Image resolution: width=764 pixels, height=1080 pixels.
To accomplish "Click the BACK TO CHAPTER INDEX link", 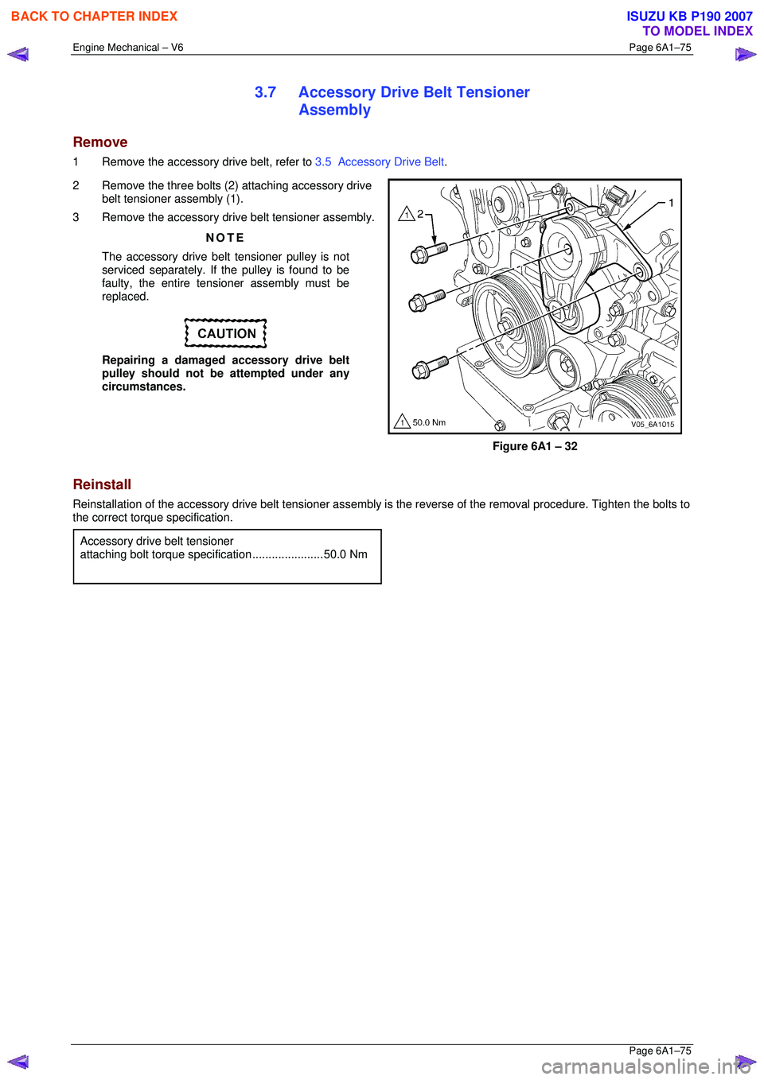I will click(x=94, y=16).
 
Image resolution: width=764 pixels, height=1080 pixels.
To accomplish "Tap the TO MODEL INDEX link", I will click(x=697, y=31).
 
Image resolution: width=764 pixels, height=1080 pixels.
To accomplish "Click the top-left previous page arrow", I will click(x=18, y=55).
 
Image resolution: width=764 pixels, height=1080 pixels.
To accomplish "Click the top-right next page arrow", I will click(x=745, y=55).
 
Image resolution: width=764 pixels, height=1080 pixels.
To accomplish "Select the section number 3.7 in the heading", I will click(x=265, y=92).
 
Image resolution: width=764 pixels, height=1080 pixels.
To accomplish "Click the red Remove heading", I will click(x=100, y=142).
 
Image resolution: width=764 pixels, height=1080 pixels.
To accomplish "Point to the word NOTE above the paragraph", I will click(x=225, y=238).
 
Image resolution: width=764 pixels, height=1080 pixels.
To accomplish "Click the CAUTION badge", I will click(x=226, y=334).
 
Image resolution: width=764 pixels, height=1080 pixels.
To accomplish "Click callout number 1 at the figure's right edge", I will click(x=671, y=203).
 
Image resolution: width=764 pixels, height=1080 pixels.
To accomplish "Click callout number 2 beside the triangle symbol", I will click(x=420, y=214).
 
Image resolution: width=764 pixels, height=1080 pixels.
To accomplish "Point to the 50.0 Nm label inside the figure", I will click(x=428, y=422).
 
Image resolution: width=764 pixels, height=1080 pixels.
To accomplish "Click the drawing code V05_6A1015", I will click(x=652, y=424).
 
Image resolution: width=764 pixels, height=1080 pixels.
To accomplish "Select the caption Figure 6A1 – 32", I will click(x=535, y=446).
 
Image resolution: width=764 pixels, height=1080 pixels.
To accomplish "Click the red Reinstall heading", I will click(x=102, y=484).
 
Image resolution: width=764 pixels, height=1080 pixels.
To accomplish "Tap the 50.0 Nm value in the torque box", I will click(x=345, y=554).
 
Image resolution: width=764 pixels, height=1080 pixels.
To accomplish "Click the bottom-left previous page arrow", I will click(x=18, y=1062).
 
